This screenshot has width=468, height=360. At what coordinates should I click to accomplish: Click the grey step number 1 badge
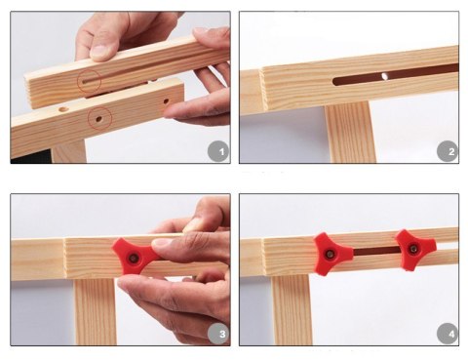click(x=219, y=151)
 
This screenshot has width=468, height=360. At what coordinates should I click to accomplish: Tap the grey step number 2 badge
click(x=448, y=151)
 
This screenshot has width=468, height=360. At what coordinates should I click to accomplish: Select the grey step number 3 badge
click(x=219, y=334)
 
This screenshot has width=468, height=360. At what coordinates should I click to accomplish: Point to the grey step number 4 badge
click(x=448, y=334)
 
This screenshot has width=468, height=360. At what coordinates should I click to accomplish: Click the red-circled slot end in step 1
click(x=85, y=82)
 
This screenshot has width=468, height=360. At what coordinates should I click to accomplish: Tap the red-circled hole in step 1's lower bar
click(x=98, y=119)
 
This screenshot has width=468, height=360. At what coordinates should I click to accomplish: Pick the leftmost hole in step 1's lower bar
click(x=63, y=109)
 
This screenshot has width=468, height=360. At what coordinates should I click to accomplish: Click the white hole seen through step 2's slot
click(x=384, y=76)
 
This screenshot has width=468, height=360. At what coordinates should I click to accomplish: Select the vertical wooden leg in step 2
click(x=350, y=133)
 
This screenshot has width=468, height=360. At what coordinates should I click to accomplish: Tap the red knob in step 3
click(x=135, y=258)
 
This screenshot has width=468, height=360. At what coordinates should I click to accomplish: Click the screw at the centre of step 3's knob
click(x=134, y=259)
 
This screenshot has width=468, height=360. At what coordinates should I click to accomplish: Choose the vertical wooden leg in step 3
click(x=95, y=311)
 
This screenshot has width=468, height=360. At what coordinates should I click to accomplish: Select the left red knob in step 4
click(x=332, y=254)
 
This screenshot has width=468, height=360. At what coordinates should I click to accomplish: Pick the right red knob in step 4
click(x=415, y=250)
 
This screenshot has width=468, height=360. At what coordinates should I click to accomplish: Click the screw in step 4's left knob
click(x=330, y=254)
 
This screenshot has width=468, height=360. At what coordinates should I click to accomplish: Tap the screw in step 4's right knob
click(x=413, y=249)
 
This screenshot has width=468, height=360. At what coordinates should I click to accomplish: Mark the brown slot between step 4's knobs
click(x=376, y=251)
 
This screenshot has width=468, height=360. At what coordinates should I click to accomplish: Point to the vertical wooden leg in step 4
click(x=292, y=310)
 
